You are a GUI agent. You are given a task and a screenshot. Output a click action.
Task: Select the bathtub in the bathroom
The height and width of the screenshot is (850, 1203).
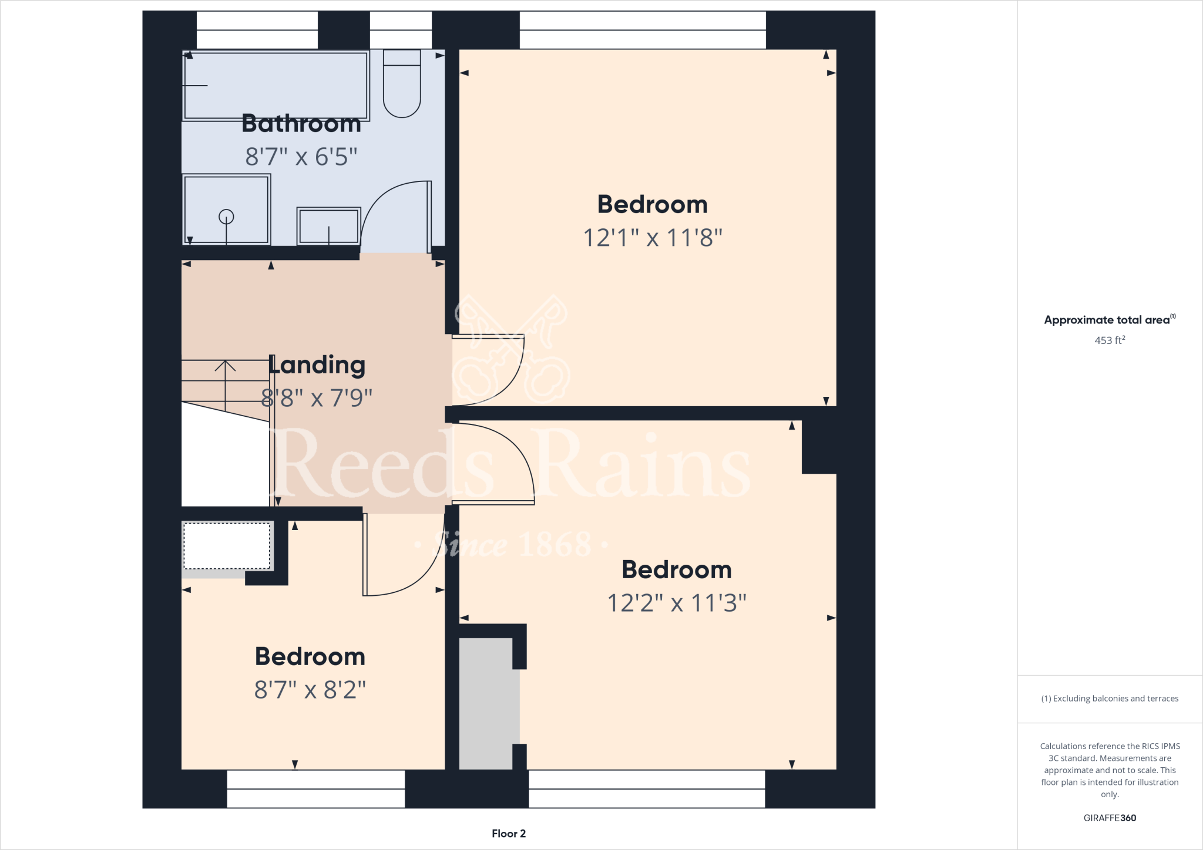[x=275, y=86]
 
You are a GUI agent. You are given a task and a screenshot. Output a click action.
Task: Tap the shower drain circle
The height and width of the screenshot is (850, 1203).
[x=226, y=217]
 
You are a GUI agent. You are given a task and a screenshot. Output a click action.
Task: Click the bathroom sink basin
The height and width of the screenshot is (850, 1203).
[x=328, y=226]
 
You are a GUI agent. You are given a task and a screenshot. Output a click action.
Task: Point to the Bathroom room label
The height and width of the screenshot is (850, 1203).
[x=301, y=124]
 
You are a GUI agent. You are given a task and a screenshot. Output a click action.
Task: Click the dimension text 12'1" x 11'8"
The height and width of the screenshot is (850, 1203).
[x=652, y=238]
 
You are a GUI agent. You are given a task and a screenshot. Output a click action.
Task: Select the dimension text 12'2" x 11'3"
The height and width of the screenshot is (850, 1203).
[x=676, y=603]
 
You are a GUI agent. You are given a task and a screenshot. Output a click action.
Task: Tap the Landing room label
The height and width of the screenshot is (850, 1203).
[x=317, y=365]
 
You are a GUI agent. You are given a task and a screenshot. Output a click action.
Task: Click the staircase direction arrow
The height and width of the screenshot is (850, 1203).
[x=225, y=367]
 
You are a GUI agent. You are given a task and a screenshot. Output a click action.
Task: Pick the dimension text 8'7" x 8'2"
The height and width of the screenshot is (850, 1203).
[x=310, y=690]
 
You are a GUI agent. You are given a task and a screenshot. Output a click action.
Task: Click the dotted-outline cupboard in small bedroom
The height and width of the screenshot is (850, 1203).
[x=227, y=545]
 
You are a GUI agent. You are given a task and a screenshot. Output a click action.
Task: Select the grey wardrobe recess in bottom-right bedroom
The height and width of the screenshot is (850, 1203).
[x=486, y=703]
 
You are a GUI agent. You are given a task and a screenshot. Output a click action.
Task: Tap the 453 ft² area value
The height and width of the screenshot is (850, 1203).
[x=1109, y=340]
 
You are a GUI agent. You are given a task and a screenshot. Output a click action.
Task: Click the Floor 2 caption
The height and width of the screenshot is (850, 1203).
[x=509, y=834]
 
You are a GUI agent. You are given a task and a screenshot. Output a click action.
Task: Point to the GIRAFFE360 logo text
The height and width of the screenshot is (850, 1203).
[x=1109, y=818]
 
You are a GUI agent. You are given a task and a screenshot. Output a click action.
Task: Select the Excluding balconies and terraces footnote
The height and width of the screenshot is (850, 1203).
[x=1109, y=699]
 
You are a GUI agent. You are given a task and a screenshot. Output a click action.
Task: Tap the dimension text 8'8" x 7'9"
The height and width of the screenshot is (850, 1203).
[x=317, y=398]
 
